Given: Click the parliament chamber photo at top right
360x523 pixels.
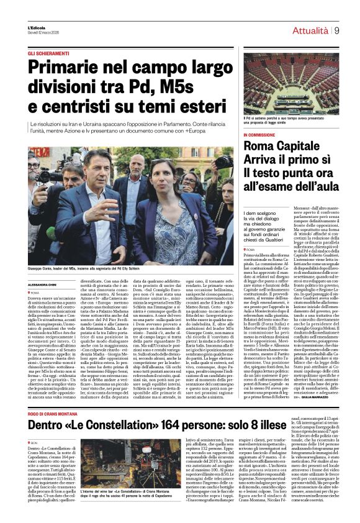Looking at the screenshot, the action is (x=291, y=87).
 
